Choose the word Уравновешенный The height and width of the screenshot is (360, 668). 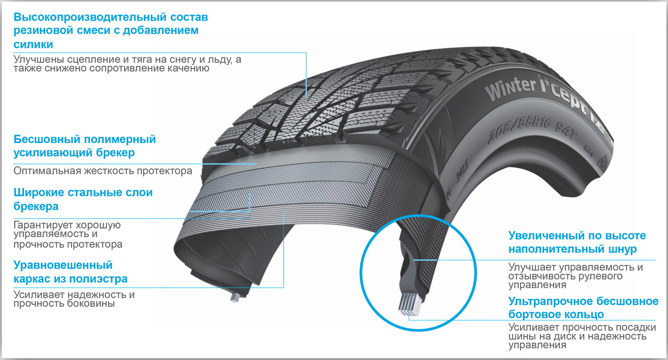click(63, 266)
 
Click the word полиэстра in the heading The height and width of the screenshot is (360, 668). click(98, 279)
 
